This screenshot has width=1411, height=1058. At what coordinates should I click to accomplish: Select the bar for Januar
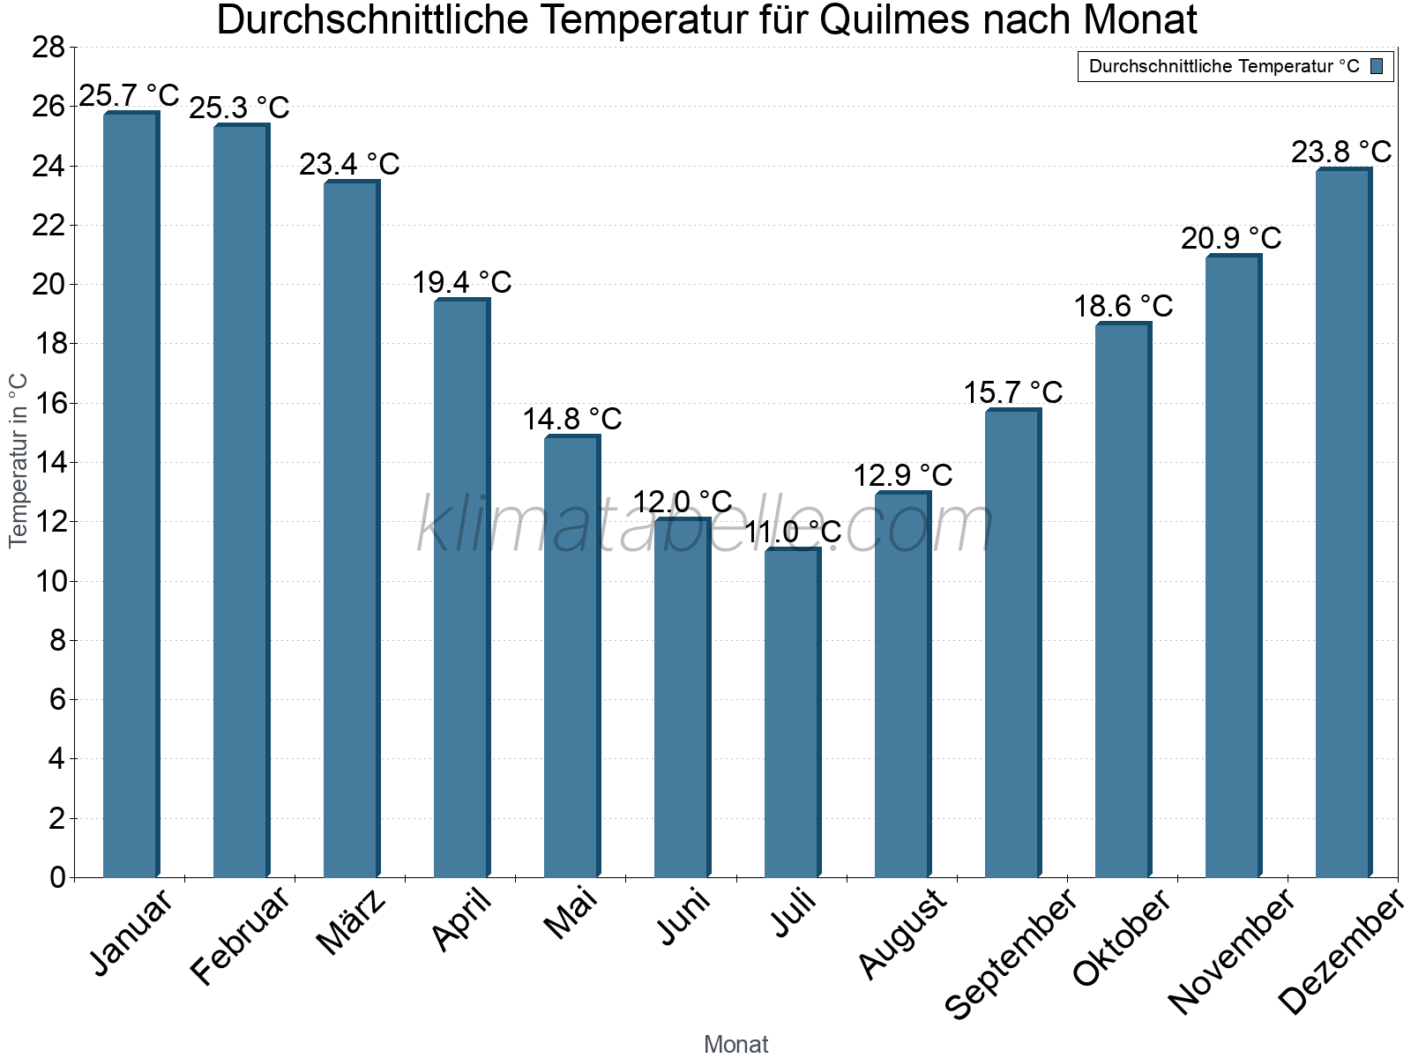coord(131,494)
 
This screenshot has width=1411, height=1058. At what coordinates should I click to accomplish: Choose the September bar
coord(1012,643)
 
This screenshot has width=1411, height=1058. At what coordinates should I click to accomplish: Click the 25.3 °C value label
coord(239,108)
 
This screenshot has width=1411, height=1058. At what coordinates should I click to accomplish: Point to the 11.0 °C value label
coord(793,533)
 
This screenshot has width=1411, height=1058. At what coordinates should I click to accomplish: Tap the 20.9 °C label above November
coord(1231,238)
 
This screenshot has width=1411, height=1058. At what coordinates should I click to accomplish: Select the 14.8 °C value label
coord(572,419)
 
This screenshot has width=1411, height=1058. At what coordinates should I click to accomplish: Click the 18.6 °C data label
coord(1123,306)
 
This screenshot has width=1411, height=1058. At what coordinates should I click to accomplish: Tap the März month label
coord(352,921)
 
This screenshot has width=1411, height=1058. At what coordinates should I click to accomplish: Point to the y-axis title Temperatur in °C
coord(19,460)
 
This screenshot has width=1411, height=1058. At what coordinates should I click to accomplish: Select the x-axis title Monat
coord(735,1044)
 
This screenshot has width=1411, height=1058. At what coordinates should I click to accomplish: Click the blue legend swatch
coord(1377,66)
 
